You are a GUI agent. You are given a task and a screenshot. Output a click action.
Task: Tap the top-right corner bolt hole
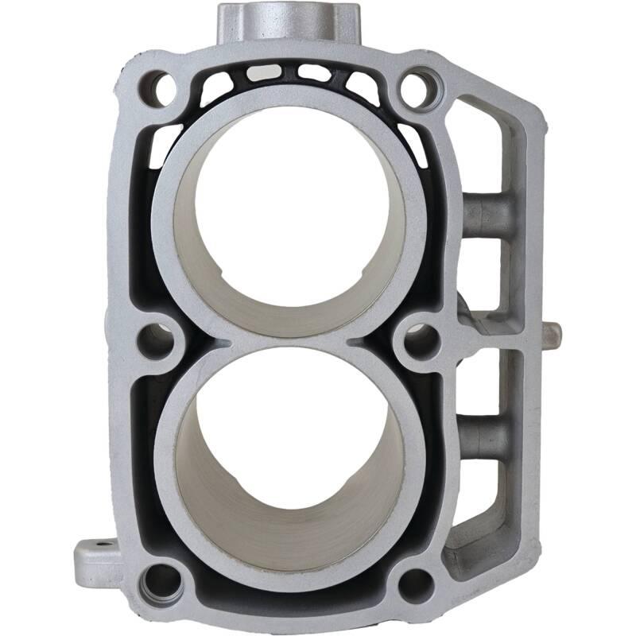(x=420, y=88)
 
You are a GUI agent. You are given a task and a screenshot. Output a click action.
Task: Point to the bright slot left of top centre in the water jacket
(x=263, y=72)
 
